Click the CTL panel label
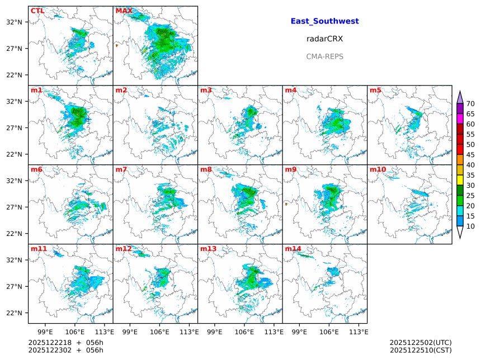coord(37,11)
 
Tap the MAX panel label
coord(124,11)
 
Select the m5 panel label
coord(375,90)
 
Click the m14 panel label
coord(294,249)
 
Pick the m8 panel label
coord(207,169)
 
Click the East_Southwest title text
coord(324,21)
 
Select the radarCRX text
coord(324,39)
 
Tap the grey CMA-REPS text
coord(324,56)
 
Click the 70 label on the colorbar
coord(470,103)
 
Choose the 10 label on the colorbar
coord(470,226)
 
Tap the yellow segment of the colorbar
coord(460,179)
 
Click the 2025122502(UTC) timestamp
coord(420,342)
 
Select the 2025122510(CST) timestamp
coord(420,350)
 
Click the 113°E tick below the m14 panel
coord(359,331)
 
